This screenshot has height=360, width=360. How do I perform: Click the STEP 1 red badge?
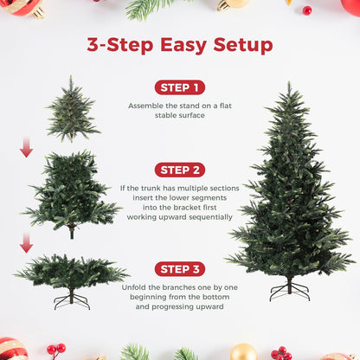click(179, 87)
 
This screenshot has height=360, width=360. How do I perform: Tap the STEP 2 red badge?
click(179, 170)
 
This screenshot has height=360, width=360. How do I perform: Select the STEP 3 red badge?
click(179, 268)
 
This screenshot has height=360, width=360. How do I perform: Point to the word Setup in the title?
click(240, 46)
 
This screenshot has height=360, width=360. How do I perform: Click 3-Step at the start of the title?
click(117, 46)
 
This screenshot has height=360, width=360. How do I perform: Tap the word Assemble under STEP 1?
click(145, 106)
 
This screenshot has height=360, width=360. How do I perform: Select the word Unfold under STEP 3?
click(142, 286)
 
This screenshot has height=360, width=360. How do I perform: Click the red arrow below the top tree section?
click(26, 148)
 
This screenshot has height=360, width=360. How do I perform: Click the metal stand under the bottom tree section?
click(71, 299)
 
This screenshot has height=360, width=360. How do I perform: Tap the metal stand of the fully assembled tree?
click(289, 290)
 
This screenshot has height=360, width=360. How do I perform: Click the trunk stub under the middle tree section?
click(72, 232)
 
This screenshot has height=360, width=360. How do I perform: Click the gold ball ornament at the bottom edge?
click(243, 352)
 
